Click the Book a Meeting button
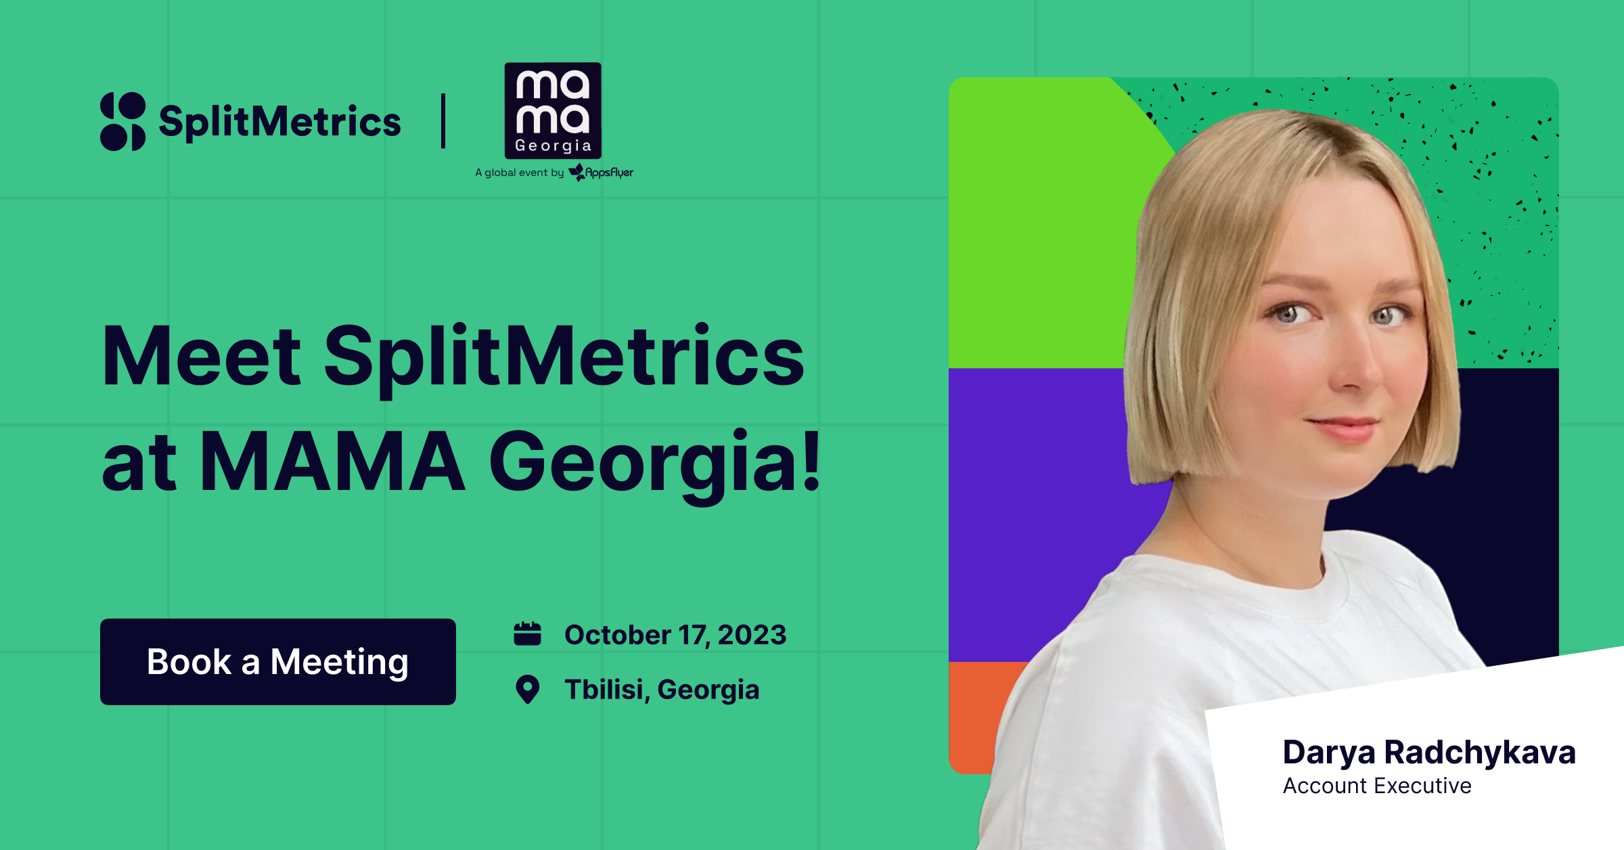coord(277,661)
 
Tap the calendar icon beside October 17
coord(527,634)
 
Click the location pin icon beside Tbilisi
coord(527,690)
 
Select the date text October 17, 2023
coord(675,635)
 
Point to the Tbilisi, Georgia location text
coord(662,690)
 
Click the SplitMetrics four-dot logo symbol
coord(123,121)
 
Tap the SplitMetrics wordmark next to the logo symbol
coord(280,122)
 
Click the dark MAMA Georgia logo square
coord(553,110)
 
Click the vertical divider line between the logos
coord(443,120)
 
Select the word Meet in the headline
coord(202,357)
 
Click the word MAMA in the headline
coord(332,463)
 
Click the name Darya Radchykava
coord(1429,752)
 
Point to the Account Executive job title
coord(1377,786)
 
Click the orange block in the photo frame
coord(974,717)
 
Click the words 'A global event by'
coord(519,173)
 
